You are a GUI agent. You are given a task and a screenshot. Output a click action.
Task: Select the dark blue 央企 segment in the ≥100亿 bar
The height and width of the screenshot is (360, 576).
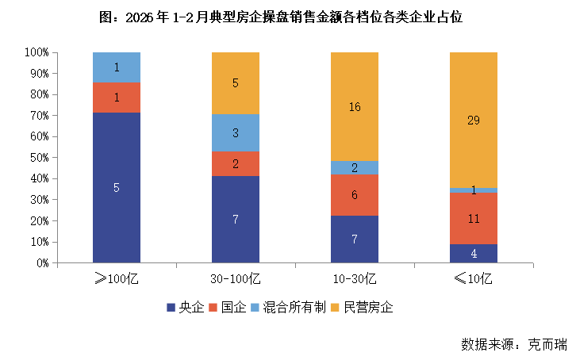(x=117, y=187)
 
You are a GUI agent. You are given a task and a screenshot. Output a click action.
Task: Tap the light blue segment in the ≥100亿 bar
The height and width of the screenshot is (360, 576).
(x=117, y=67)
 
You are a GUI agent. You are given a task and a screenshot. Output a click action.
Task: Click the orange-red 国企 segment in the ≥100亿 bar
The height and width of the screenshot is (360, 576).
(x=117, y=97)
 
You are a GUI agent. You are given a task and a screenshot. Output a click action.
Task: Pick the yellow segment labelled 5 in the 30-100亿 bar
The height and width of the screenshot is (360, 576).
(x=236, y=82)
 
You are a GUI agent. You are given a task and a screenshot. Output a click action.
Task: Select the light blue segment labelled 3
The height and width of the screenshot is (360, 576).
(x=236, y=132)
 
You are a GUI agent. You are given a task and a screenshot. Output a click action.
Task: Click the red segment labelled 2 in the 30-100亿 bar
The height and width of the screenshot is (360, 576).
(x=236, y=163)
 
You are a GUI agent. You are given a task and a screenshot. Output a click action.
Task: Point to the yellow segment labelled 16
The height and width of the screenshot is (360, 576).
(x=355, y=106)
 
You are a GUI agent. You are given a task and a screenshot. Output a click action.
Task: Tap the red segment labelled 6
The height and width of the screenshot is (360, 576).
(x=355, y=194)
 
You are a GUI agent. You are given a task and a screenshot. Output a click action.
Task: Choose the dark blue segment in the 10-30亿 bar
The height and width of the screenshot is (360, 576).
(x=355, y=239)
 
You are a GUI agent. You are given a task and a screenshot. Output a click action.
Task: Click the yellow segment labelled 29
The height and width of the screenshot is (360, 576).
(x=474, y=120)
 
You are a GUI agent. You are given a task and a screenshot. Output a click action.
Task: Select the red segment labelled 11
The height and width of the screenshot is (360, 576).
(x=474, y=218)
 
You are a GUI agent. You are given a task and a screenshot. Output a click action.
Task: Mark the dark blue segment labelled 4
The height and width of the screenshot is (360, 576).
(x=474, y=254)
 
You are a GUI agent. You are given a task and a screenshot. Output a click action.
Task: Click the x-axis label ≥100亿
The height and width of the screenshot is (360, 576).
(x=117, y=278)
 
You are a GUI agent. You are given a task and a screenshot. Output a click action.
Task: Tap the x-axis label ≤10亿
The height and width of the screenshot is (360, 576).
(x=474, y=278)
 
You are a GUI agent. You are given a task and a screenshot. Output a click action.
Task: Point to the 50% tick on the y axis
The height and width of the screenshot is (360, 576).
(x=37, y=158)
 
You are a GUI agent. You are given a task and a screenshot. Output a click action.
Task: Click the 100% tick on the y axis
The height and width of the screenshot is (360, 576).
(x=36, y=52)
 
